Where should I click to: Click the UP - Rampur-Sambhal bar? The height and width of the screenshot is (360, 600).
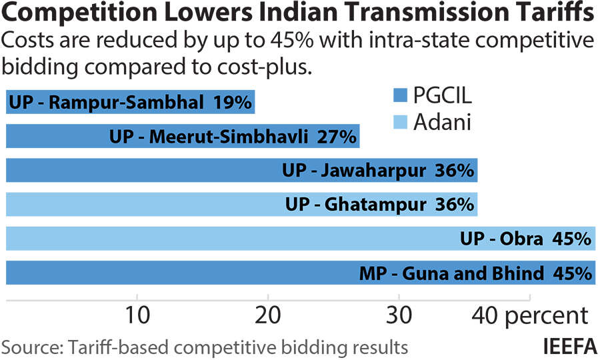130,103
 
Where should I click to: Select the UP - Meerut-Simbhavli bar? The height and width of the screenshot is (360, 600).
183,137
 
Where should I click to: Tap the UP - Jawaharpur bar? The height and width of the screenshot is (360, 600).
241,170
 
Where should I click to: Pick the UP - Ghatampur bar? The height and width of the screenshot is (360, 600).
241,204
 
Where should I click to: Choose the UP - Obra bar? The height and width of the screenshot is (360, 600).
300,238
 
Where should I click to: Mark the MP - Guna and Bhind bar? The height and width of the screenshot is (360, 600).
300,272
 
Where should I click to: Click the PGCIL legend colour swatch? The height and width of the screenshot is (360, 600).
400,95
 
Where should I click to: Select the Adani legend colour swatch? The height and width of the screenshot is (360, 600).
400,123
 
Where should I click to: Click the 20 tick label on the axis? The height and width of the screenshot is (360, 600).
267,316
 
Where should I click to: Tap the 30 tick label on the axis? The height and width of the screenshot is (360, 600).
399,316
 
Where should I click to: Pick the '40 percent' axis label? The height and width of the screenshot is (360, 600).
530,316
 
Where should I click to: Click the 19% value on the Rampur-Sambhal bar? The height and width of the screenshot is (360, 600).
233,103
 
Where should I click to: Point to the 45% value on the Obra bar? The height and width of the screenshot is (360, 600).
573,238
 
